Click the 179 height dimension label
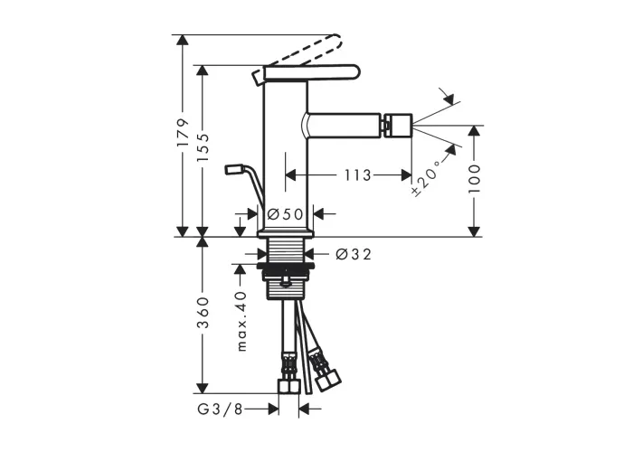(x=184, y=133)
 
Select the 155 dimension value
(x=203, y=147)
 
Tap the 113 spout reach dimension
(x=358, y=175)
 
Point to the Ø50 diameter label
(x=285, y=214)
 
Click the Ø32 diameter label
(x=354, y=254)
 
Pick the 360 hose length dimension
(x=203, y=313)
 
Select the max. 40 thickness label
(x=241, y=321)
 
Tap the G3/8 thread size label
(x=221, y=410)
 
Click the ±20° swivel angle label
(x=426, y=178)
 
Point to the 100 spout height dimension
(x=475, y=179)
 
